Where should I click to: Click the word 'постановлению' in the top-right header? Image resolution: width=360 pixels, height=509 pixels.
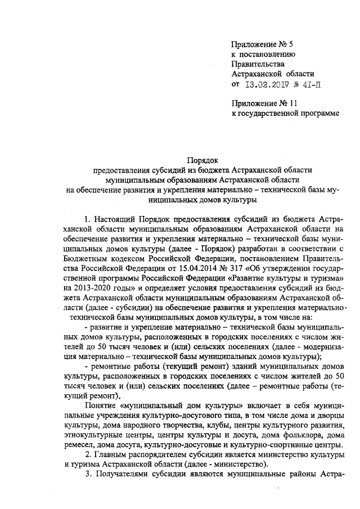tap(268, 54)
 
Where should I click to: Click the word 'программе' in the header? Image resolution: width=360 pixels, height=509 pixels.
tap(321, 114)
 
